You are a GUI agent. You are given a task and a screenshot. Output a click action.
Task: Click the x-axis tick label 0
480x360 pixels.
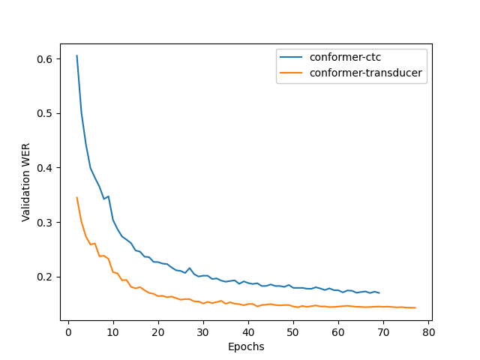coord(68,332)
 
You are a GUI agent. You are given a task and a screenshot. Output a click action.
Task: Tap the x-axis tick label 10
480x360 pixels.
coord(113,332)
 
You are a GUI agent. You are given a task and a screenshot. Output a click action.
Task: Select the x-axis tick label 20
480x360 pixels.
coord(158,332)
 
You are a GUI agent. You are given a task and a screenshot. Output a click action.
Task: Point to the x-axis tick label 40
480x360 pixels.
coord(248,332)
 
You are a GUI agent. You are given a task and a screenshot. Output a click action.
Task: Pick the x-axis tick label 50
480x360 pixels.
coord(293,332)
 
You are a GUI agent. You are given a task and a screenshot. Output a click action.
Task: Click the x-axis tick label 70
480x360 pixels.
coord(383,332)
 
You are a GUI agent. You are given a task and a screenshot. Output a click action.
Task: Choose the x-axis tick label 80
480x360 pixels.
coord(428,332)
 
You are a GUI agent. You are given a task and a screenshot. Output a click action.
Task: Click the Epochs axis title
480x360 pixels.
coord(246,346)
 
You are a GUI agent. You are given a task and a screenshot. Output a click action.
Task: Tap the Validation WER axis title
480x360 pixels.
coord(26,182)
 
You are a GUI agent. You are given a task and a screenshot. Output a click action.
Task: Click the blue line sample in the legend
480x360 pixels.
coord(292,56)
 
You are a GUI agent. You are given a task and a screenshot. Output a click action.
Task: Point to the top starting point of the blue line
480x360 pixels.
coord(76,55)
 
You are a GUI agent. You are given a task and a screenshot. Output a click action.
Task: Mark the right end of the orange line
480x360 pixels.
coord(415,307)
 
